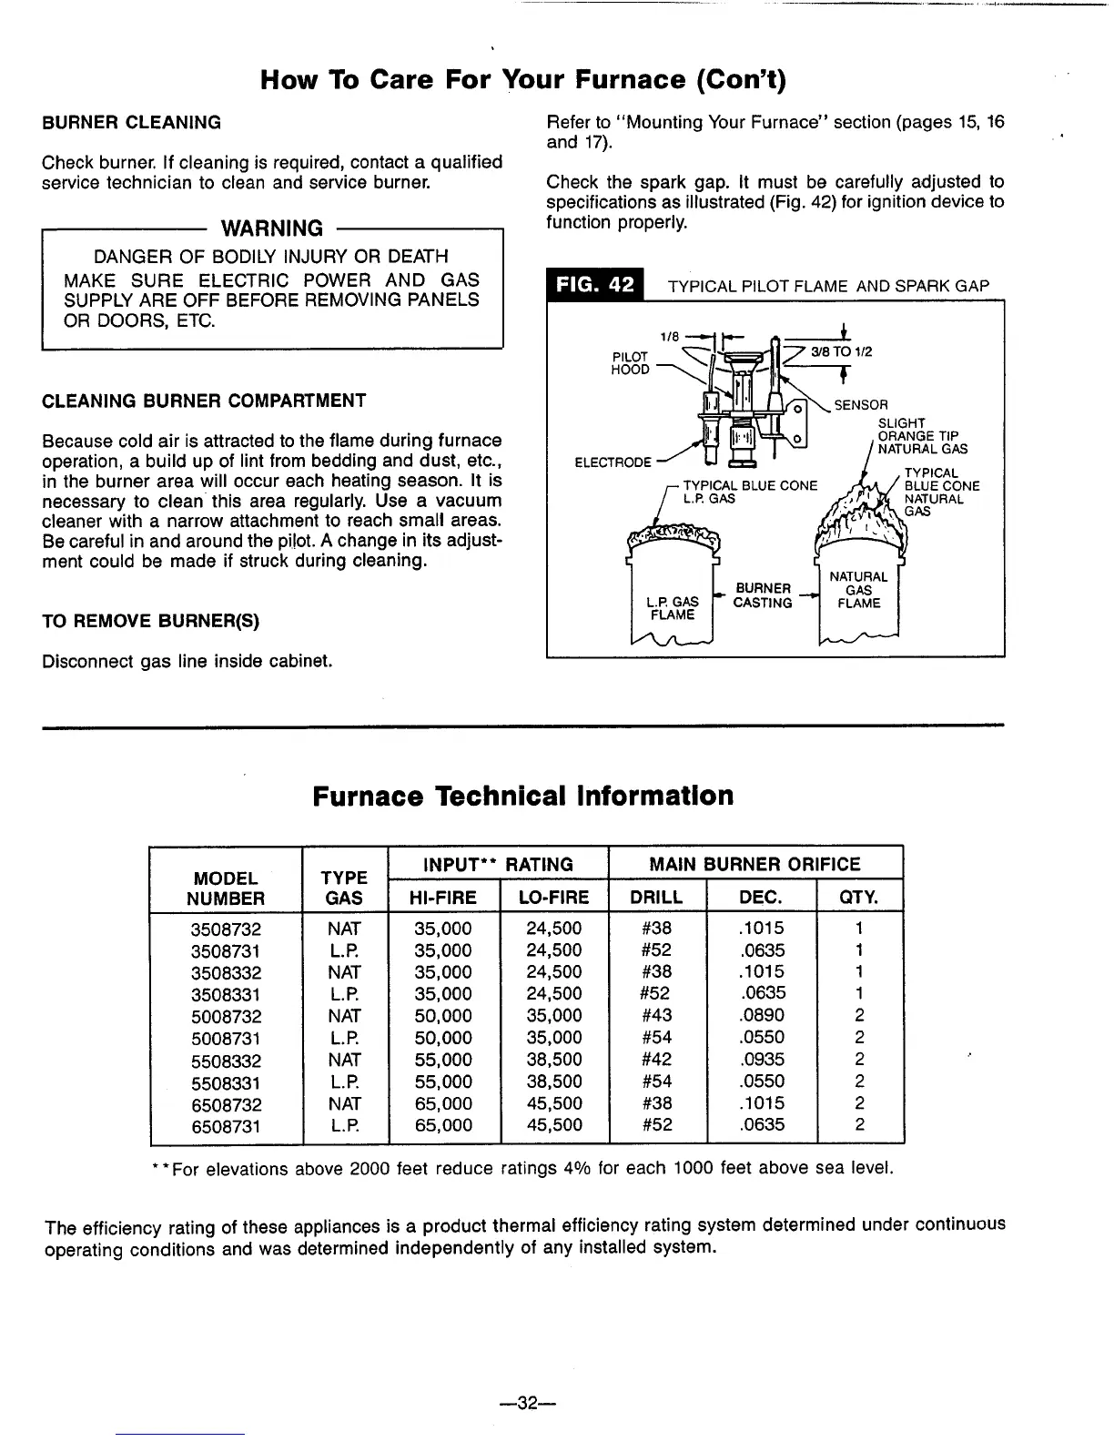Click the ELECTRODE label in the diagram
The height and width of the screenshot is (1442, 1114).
pyautogui.click(x=613, y=462)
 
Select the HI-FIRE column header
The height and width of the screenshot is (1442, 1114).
pyautogui.click(x=443, y=898)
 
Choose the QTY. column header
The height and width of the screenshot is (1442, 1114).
pyautogui.click(x=859, y=898)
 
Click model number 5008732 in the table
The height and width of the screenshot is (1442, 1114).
pyautogui.click(x=226, y=1016)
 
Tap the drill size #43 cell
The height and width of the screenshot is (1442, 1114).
pyautogui.click(x=656, y=1015)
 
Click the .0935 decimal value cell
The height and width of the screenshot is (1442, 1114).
pyautogui.click(x=762, y=1060)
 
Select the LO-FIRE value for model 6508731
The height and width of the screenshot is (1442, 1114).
pyautogui.click(x=554, y=1125)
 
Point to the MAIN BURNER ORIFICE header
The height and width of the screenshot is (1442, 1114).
pyautogui.click(x=754, y=864)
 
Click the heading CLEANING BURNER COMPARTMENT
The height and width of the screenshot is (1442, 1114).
pyautogui.click(x=204, y=401)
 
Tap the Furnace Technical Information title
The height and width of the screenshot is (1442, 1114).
pyautogui.click(x=522, y=796)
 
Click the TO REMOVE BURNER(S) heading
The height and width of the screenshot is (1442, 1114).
pyautogui.click(x=150, y=622)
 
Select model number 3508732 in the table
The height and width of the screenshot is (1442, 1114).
pyautogui.click(x=226, y=929)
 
